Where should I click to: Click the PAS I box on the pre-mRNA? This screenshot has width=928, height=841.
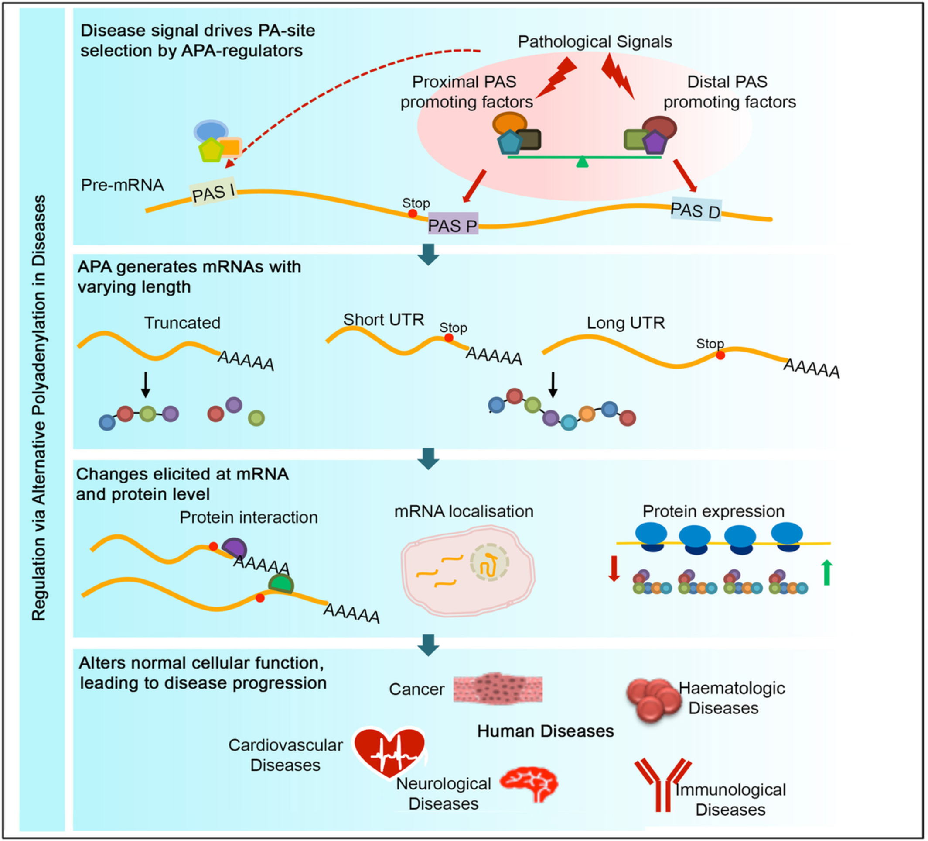click(213, 192)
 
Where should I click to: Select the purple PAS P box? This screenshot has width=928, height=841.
click(453, 224)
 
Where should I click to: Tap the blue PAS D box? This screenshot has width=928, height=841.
click(696, 210)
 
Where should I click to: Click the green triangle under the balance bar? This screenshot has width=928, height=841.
click(583, 162)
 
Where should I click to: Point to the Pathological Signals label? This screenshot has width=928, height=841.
click(595, 42)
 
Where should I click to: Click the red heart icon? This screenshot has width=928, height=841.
click(389, 752)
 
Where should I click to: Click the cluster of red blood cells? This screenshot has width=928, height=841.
click(653, 698)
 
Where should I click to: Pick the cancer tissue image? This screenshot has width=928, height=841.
click(498, 689)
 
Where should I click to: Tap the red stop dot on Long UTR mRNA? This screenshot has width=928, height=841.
click(720, 355)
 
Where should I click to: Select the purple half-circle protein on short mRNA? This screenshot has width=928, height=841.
click(235, 548)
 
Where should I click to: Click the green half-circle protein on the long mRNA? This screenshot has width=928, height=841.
click(281, 584)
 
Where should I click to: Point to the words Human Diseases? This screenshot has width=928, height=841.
click(546, 731)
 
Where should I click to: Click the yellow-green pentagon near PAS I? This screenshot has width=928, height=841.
click(211, 150)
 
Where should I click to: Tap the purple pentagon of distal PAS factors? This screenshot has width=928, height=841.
click(655, 143)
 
